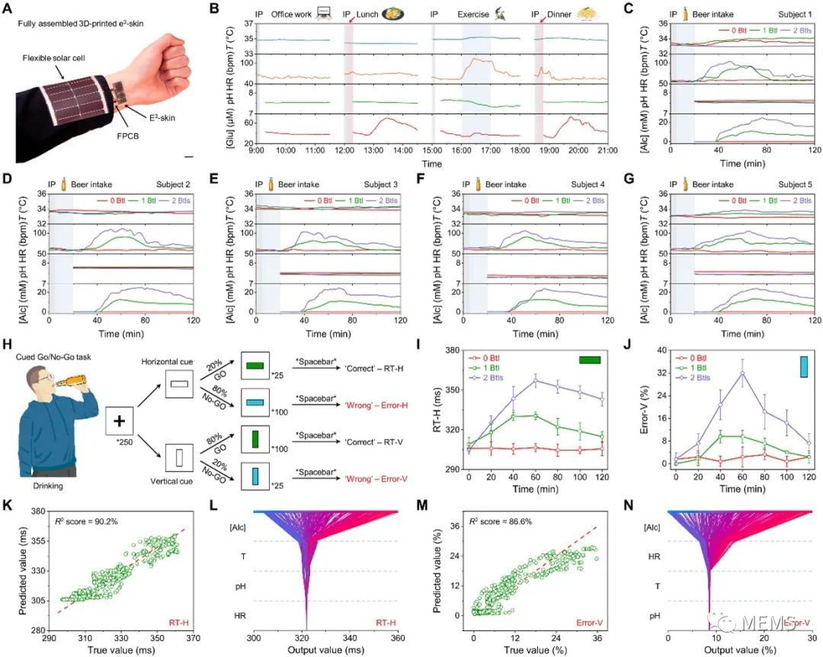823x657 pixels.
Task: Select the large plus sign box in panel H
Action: click(119, 421)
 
